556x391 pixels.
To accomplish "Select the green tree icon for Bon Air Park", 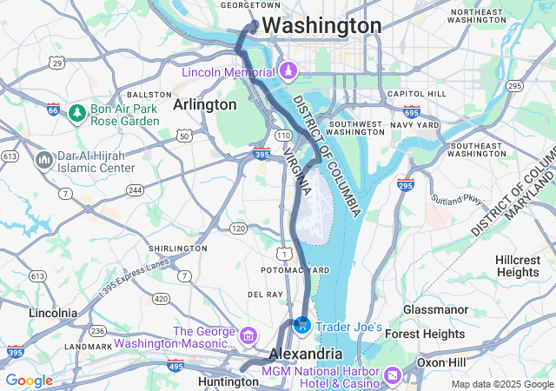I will point(77,113).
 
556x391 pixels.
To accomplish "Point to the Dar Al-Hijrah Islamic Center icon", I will point(43,160).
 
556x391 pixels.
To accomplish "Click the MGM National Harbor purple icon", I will point(392,374).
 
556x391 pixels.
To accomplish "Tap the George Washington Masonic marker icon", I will point(248,335).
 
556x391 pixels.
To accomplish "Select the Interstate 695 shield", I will point(411,111).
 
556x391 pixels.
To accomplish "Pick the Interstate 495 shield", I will point(175,365).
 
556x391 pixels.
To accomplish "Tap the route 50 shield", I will point(183,136).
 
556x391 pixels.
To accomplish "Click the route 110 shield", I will point(284,136).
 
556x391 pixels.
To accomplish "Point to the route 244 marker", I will point(135,189).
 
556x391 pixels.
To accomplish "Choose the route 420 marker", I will point(161,299).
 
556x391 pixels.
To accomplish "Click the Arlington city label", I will point(204,104).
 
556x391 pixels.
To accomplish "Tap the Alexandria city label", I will point(305,355).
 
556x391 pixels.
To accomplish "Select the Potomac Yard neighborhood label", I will point(295,270).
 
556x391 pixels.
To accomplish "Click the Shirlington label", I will point(176,248).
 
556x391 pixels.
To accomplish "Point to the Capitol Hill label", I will point(415,94).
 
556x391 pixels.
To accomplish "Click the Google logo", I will point(30,380).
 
